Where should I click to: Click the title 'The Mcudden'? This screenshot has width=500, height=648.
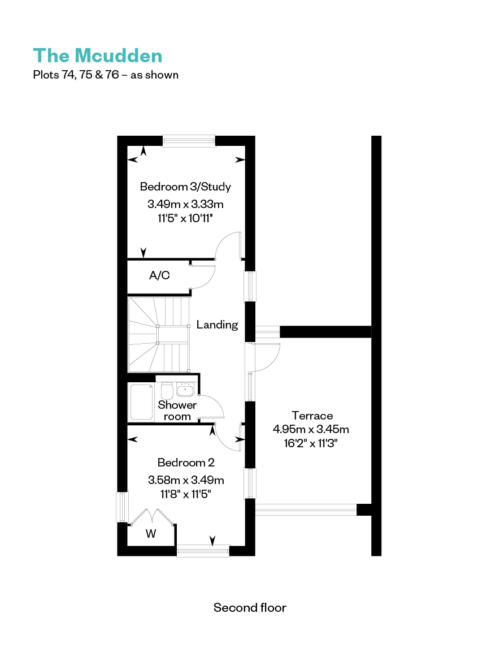coord(98,56)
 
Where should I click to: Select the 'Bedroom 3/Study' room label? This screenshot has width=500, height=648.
coord(185,187)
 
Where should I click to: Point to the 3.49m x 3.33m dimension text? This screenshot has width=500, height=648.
coord(185,204)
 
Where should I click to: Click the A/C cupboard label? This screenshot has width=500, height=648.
coord(159,275)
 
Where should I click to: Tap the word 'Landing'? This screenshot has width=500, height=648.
coord(217,325)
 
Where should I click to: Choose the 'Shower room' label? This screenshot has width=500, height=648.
coord(177,411)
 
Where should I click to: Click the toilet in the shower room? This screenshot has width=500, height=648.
coord(167,391)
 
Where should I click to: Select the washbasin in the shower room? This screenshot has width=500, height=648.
coord(185,389)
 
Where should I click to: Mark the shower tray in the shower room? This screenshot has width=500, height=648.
coord(142,401)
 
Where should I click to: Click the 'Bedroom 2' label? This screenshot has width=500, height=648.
coord(186,463)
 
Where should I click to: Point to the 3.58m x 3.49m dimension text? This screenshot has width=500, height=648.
coord(186,480)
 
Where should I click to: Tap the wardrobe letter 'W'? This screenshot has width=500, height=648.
coord(151,534)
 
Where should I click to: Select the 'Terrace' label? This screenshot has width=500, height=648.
coord(312,416)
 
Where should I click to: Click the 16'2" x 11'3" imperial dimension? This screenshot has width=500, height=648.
coord(311,443)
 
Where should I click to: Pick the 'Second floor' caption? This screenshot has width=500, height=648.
coord(250,607)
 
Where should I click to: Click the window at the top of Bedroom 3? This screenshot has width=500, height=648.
coord(189,141)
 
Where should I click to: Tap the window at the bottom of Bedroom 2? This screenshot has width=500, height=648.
coord(203,551)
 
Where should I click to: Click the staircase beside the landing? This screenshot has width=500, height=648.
coord(159,335)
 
